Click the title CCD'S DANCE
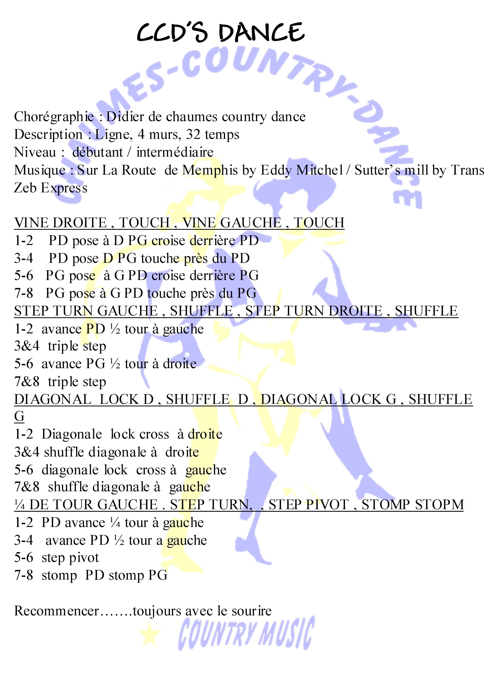pyautogui.click(x=220, y=32)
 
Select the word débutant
pyautogui.click(x=97, y=152)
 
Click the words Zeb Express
pyautogui.click(x=51, y=188)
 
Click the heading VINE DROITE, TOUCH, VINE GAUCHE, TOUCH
pyautogui.click(x=179, y=223)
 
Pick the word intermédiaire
pyautogui.click(x=175, y=152)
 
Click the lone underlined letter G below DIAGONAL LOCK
pyautogui.click(x=19, y=416)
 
